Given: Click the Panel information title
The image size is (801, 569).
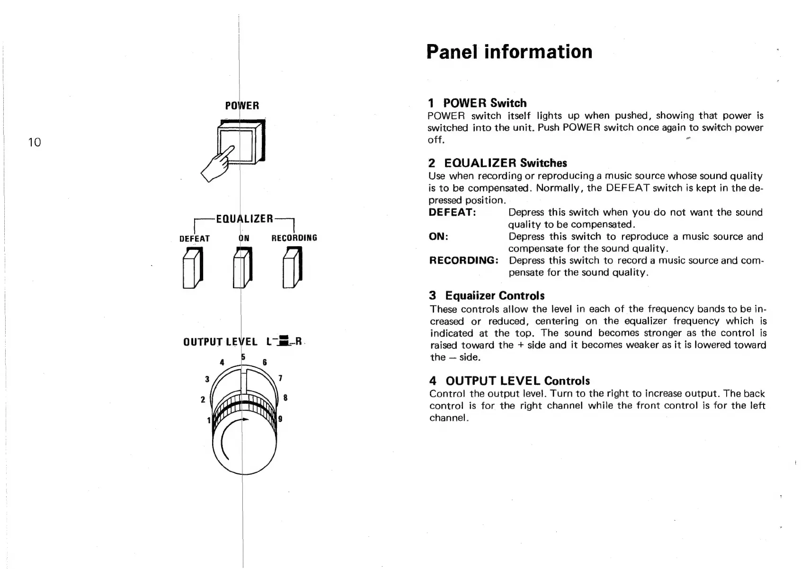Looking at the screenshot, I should [509, 52].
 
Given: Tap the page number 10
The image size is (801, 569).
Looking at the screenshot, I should [35, 142].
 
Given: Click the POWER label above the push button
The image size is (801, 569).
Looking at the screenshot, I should [242, 106].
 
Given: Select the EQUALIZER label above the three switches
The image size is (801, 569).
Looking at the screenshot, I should [244, 219].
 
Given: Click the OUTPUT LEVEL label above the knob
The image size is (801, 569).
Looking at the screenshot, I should [220, 342].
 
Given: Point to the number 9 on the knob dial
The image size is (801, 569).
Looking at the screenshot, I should [280, 418].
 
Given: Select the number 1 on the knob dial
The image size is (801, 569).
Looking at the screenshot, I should [208, 420].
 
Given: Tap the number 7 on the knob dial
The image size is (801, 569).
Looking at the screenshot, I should [280, 378].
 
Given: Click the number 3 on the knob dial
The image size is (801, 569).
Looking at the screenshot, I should [207, 379].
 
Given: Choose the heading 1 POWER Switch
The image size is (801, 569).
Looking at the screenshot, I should [477, 103].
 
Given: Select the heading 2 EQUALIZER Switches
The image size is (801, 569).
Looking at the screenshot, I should [498, 163].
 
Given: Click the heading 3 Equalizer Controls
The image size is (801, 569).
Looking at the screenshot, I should [487, 296].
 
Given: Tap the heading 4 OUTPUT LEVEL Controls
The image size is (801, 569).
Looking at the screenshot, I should [509, 381].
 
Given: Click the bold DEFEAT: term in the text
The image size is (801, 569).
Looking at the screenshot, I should [452, 213].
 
